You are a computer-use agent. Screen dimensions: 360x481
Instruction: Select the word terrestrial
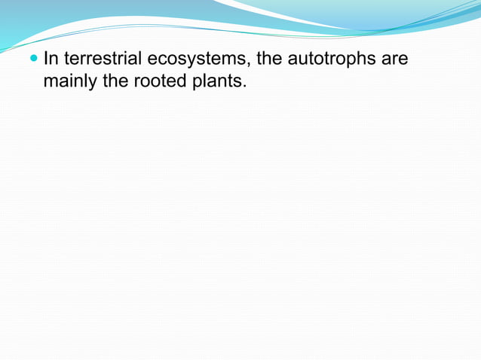pos(103,58)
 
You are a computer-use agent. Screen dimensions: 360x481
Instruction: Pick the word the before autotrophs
pos(269,58)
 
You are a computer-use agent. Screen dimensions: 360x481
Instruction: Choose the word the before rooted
pos(115,80)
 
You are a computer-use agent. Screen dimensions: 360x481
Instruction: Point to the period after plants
pos(244,85)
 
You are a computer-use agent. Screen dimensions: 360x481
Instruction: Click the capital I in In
pos(46,58)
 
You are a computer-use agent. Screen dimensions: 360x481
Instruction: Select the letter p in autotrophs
pos(352,60)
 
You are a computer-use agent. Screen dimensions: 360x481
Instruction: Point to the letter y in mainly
pos(92,82)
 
